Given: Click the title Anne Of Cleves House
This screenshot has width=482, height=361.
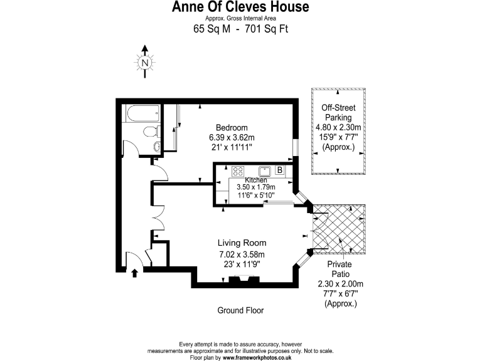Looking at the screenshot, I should [241, 8].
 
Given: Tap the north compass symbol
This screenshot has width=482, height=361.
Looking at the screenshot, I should [145, 63].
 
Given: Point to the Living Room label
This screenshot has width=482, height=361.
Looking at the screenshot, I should [242, 243].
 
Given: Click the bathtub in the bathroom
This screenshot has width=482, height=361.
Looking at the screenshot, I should [141, 115].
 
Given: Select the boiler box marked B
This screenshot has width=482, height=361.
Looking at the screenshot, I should [279, 170].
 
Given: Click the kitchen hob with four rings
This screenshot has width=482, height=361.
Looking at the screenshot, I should [238, 170].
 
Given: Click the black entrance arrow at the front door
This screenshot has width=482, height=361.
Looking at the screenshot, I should [134, 272].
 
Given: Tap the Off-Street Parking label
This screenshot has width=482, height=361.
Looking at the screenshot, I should [338, 112].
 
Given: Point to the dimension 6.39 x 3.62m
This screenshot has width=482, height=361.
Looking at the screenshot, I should [232, 137].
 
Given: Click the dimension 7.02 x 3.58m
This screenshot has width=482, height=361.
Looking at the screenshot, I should [242, 254].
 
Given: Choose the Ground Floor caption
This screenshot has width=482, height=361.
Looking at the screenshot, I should [240, 310].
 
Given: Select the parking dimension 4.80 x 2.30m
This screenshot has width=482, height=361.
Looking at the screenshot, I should [338, 128].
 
